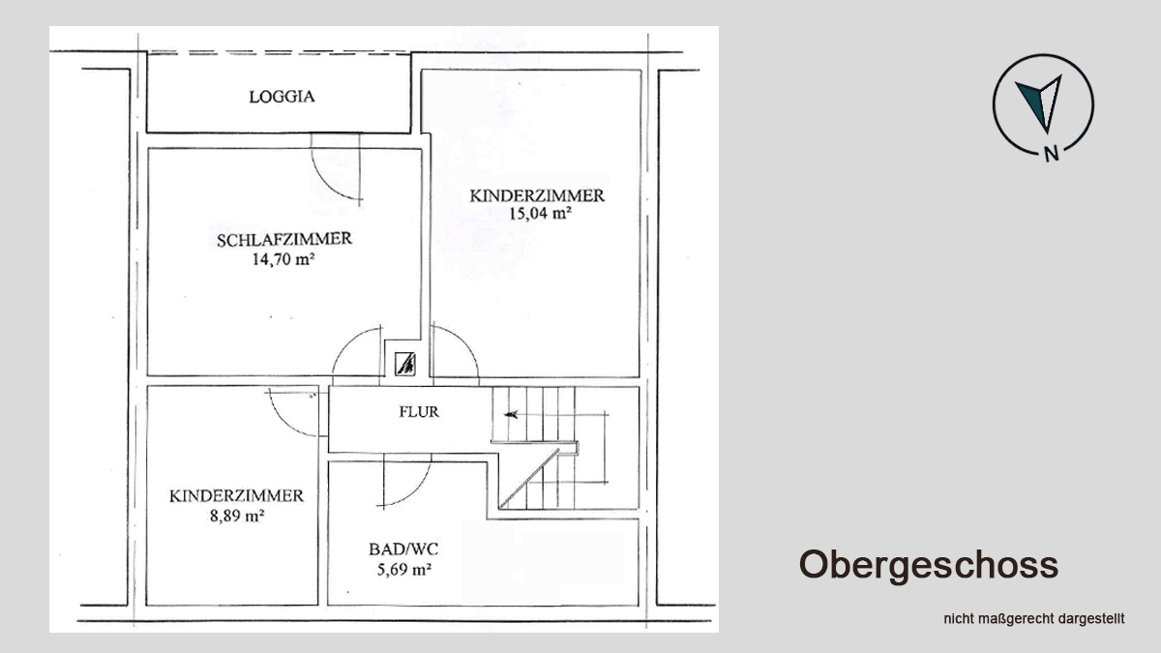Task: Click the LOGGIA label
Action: (282, 97)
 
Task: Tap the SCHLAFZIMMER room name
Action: (284, 240)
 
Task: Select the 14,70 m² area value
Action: (283, 258)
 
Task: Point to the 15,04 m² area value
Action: (540, 213)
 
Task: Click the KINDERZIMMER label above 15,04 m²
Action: (537, 195)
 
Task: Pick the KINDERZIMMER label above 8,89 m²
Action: (236, 496)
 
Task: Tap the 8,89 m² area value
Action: (237, 517)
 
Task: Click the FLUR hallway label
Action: (419, 411)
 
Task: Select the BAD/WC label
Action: (403, 549)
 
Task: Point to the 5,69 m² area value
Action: (404, 570)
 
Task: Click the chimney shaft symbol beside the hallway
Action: (404, 364)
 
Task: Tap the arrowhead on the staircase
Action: (511, 415)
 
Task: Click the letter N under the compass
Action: (1051, 154)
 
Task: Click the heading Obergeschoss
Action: (928, 565)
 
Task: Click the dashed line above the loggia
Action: (279, 52)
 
